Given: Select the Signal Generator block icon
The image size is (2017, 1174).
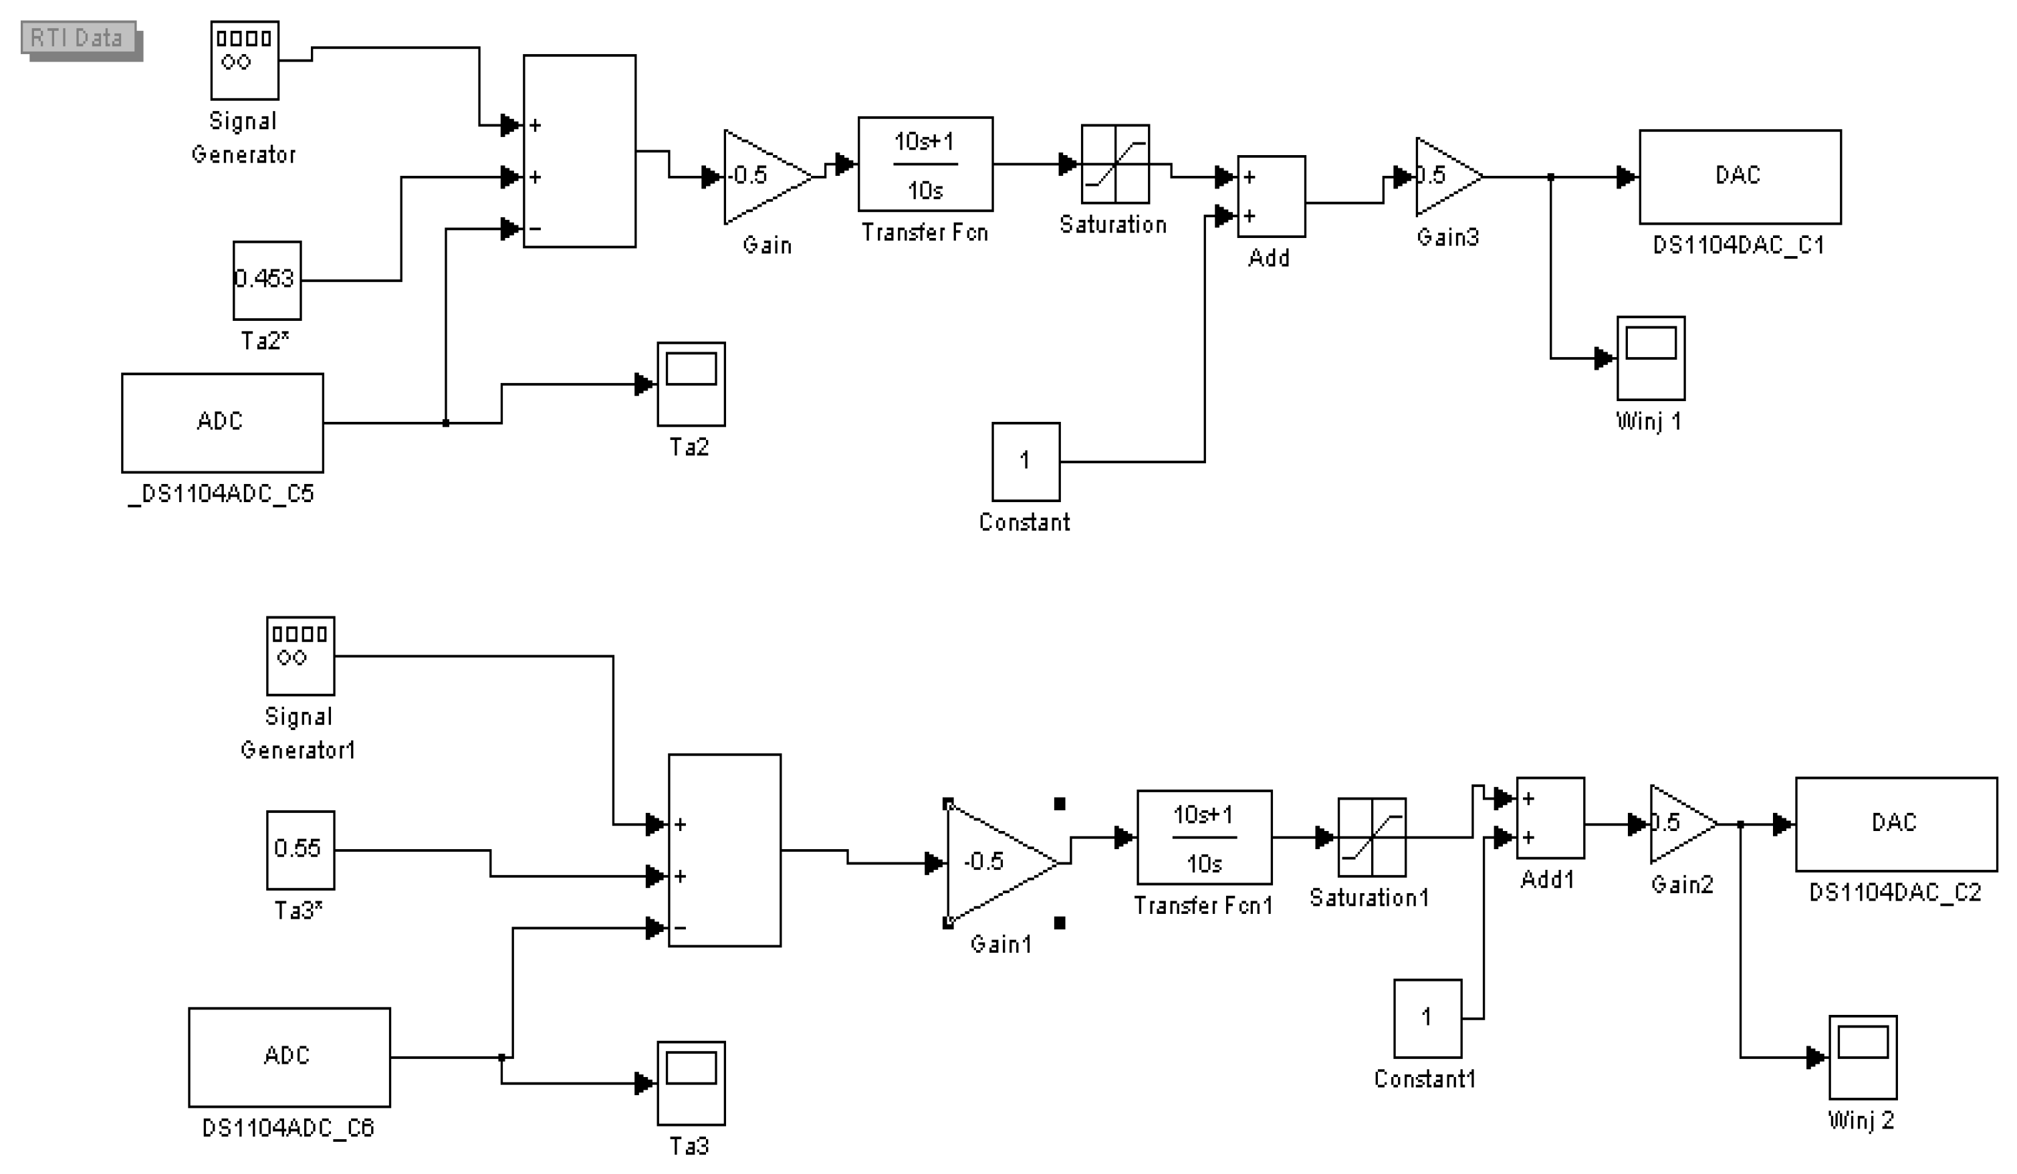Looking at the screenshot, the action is click(245, 61).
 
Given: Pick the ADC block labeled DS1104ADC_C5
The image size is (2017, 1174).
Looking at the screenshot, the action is click(223, 423).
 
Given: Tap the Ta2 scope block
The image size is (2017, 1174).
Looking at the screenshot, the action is click(691, 384).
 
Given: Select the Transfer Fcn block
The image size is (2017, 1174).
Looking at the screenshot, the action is click(926, 164).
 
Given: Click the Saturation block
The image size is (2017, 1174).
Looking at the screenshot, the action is click(1116, 164).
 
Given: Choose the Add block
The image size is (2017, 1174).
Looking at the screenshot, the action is click(1272, 197).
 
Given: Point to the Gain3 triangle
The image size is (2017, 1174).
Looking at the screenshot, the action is click(1449, 177).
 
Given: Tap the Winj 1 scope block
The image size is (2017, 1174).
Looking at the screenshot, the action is click(1651, 358).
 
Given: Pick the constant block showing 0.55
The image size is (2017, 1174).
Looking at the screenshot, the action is click(301, 850).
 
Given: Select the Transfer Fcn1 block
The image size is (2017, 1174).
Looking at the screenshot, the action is click(1205, 838).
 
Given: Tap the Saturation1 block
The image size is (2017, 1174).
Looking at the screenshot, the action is click(1372, 838).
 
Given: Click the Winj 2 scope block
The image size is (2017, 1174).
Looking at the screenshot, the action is click(1863, 1058).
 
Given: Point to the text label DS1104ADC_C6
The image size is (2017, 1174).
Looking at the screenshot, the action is click(288, 1129).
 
